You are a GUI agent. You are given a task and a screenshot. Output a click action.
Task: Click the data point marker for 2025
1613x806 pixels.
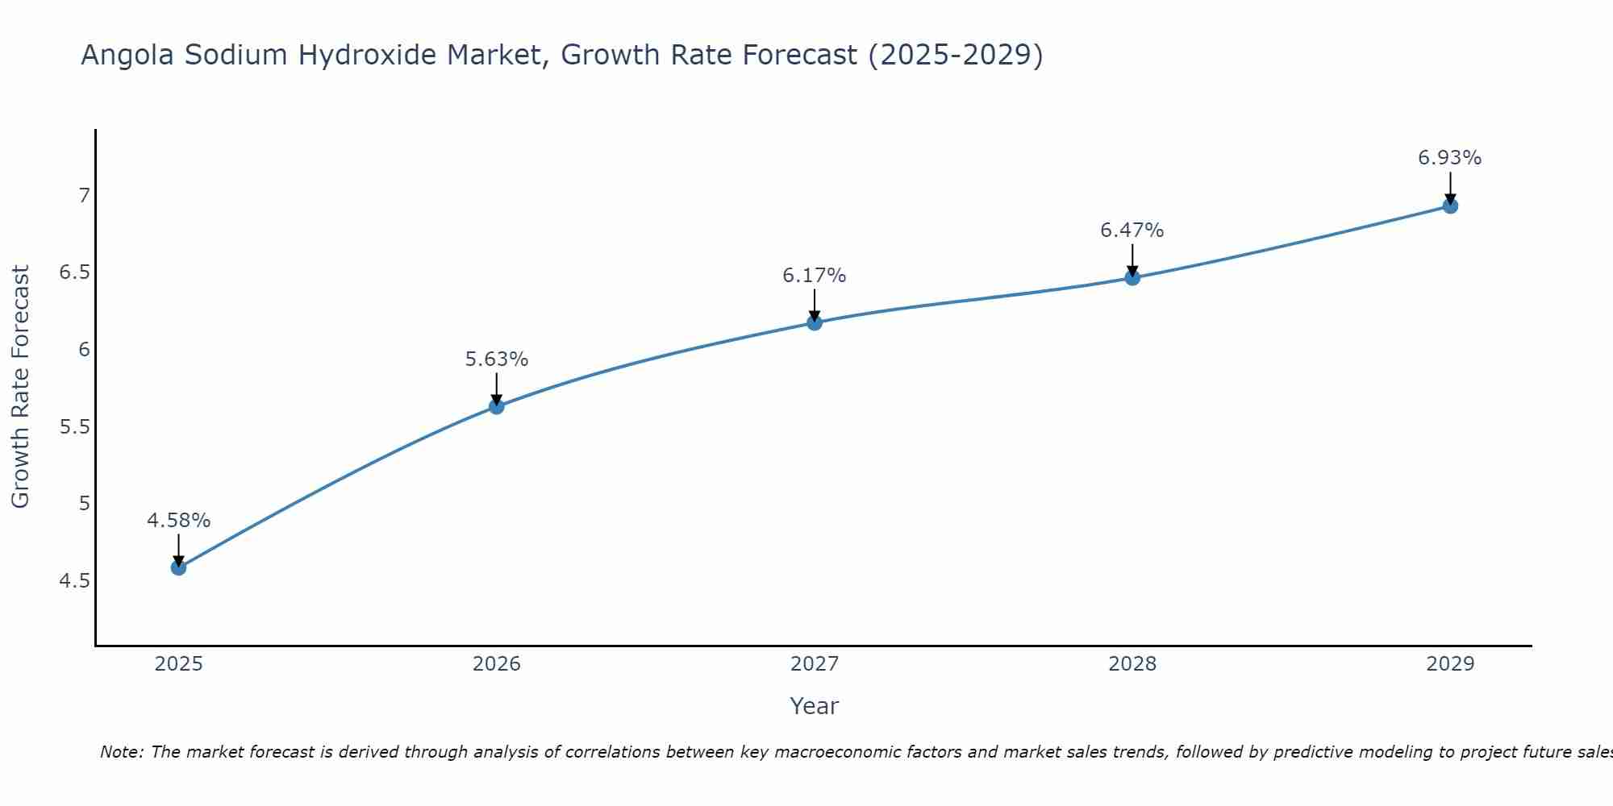(178, 567)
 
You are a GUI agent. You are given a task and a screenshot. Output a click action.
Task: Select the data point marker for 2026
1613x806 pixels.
(497, 406)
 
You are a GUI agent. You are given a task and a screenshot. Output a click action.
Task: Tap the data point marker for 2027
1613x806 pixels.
(815, 322)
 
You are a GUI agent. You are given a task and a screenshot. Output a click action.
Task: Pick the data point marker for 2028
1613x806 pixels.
(1132, 277)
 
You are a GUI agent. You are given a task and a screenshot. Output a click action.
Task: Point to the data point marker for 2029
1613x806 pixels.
(1450, 206)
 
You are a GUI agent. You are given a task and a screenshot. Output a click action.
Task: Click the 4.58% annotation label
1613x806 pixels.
(178, 521)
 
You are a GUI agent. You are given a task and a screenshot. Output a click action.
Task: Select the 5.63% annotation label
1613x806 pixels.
(497, 359)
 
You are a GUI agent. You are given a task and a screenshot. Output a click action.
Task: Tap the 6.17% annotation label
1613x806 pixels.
(815, 276)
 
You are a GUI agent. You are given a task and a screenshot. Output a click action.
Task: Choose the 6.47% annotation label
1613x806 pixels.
(1132, 231)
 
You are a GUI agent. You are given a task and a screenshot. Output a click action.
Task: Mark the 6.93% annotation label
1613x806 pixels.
(1450, 158)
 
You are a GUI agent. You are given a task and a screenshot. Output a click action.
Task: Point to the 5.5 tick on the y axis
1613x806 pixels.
(74, 426)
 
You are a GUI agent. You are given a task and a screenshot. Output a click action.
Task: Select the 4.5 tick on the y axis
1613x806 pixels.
(74, 580)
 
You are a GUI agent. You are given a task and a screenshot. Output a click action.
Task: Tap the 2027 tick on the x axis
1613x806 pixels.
(815, 664)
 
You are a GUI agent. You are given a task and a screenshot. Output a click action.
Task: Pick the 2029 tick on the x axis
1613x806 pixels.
(1450, 664)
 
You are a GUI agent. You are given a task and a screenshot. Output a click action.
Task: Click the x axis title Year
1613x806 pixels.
(815, 706)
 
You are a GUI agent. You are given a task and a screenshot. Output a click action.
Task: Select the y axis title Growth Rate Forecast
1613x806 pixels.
(20, 387)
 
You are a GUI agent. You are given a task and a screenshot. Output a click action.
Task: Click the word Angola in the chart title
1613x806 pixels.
(127, 55)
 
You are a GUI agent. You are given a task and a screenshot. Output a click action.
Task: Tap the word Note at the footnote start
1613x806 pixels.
(121, 752)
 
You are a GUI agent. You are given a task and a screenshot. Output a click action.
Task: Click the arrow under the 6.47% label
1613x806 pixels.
(1132, 260)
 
